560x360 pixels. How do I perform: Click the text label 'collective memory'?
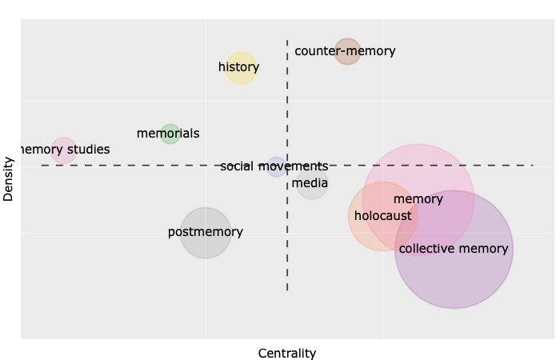454,249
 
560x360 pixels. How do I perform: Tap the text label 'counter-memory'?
346,51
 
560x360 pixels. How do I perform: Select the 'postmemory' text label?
206,233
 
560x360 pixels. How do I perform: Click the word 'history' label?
238,67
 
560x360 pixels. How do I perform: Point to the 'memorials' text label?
168,134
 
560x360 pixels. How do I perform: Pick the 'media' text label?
310,184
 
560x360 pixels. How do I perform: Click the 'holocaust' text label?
382,216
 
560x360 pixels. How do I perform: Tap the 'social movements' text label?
274,167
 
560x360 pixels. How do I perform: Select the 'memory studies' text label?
64,150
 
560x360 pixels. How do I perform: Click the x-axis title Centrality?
287,353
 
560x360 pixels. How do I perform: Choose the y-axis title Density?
9,178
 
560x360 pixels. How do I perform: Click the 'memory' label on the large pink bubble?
418,199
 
